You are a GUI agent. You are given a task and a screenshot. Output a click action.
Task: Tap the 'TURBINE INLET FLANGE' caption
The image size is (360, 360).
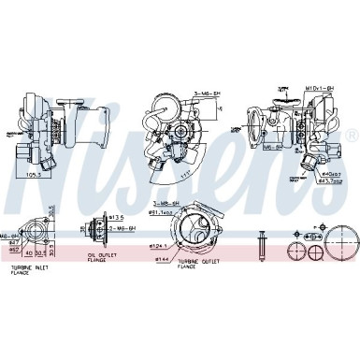point(29,272)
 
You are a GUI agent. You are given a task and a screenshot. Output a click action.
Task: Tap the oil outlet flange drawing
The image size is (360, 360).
point(94,227)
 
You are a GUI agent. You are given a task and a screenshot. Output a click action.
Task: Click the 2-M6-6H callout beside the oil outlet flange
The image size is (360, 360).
point(122,227)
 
